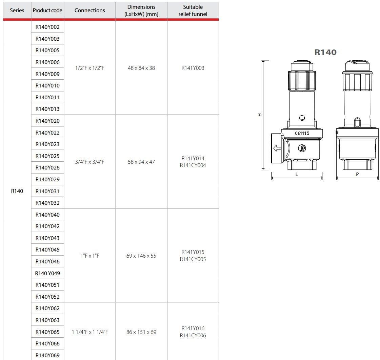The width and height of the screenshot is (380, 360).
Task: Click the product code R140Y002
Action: tap(47, 27)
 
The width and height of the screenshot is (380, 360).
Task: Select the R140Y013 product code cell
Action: tap(47, 109)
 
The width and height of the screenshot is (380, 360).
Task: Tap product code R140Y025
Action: tap(47, 156)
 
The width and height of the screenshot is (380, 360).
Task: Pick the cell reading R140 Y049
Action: tap(47, 274)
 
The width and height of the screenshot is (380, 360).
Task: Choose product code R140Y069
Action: tap(47, 355)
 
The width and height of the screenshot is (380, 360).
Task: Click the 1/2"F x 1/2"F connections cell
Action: tap(90, 68)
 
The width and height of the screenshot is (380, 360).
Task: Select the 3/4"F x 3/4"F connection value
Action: tap(90, 162)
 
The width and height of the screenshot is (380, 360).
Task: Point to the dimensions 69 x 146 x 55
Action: tap(141, 256)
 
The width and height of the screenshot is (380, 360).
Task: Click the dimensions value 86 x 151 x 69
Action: tap(141, 332)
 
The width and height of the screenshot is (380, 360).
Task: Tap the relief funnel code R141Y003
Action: tap(193, 68)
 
